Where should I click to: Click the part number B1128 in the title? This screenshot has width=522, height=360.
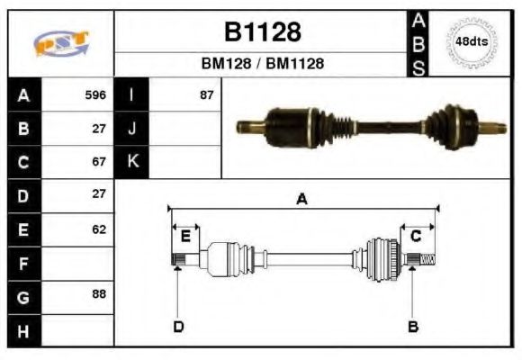coord(261,32)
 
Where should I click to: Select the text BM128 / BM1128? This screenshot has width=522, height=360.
coord(261,64)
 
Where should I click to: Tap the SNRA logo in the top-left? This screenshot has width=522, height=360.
coord(60,43)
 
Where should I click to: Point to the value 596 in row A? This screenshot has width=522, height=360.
coord(95,94)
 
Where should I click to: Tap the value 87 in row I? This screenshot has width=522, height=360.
coord(206,94)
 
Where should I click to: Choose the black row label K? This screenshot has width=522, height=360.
coord(131,162)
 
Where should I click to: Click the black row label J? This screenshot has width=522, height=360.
coord(131,128)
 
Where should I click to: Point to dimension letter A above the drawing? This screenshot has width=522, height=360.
coord(302,200)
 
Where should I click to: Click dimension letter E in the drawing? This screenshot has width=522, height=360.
coord(185,237)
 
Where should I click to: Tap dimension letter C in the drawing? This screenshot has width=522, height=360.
coord(416,236)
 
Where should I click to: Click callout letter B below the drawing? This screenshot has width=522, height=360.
coord(413,326)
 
